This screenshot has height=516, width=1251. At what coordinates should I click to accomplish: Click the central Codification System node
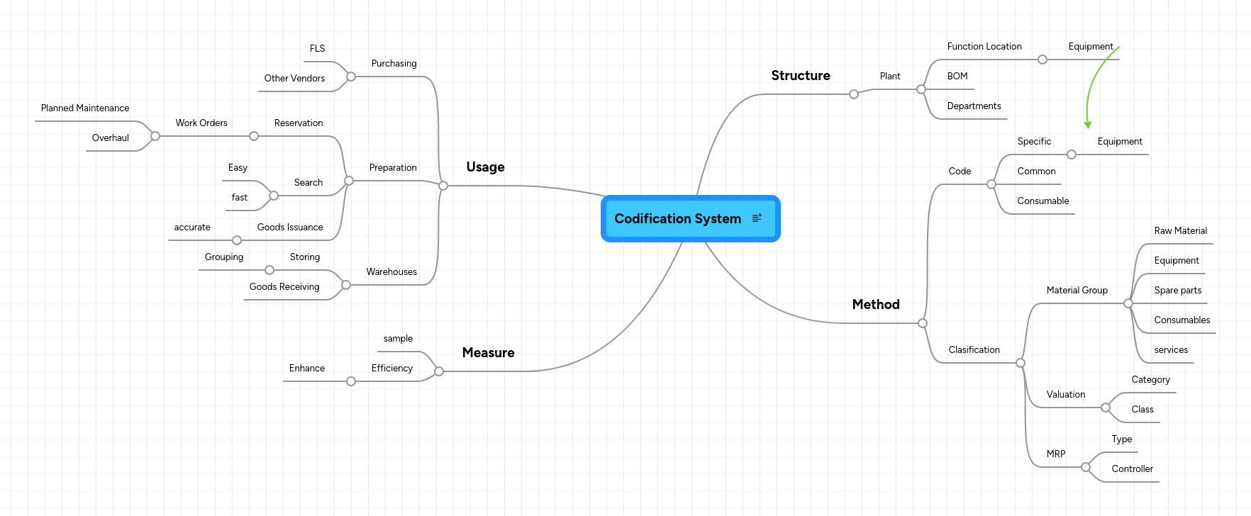coord(677,219)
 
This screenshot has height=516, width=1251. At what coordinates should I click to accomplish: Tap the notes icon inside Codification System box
coord(757,218)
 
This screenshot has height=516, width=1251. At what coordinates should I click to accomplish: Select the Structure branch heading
coord(800,76)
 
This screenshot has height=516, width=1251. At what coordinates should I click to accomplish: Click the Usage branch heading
coord(485,167)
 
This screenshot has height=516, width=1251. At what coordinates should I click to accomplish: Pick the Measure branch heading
coord(488,353)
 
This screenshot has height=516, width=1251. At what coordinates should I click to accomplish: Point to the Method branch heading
coord(875,305)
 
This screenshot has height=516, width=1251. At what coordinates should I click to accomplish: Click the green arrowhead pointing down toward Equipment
coord(1087,125)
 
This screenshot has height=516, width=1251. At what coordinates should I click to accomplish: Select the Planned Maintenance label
coord(85,108)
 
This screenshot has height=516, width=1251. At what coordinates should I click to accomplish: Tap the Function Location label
coord(984,47)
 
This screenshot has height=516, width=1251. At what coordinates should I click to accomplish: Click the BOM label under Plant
coord(957,77)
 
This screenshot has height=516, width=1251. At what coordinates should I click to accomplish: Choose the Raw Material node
coord(1180,231)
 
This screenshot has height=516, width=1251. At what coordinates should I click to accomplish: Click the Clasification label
coord(974,350)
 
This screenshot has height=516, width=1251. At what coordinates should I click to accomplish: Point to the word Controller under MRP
coord(1132,469)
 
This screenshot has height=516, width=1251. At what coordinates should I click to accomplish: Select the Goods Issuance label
coord(289,228)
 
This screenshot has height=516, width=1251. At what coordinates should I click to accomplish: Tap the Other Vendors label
coord(294,79)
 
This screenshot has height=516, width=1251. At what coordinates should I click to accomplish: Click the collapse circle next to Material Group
coord(1128,303)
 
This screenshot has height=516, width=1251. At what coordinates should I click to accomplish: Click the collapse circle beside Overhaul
coord(155,136)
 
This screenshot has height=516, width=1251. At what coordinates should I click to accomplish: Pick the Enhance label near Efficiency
coord(306,369)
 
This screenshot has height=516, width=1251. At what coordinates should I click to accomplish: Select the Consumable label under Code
coord(1042,201)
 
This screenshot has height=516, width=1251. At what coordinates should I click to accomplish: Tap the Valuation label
coord(1065,395)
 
